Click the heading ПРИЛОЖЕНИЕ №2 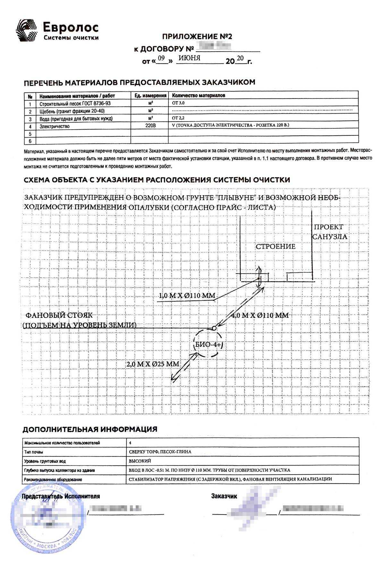(x=197, y=36)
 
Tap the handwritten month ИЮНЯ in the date (x=190, y=58)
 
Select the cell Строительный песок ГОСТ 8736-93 (x=75, y=104)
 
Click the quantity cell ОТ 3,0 (x=178, y=103)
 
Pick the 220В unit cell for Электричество (x=150, y=126)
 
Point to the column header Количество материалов (x=199, y=96)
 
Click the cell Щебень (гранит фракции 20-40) (x=72, y=111)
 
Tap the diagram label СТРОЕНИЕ (x=275, y=246)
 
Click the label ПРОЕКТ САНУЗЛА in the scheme (x=329, y=232)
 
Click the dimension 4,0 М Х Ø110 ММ (x=260, y=315)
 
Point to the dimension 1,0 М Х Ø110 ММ (x=187, y=296)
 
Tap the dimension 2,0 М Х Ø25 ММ (x=153, y=364)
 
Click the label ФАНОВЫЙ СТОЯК (x=59, y=315)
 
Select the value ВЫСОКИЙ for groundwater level (x=140, y=461)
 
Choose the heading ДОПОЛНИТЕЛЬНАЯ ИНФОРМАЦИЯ (x=90, y=429)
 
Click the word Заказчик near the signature (x=224, y=496)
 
